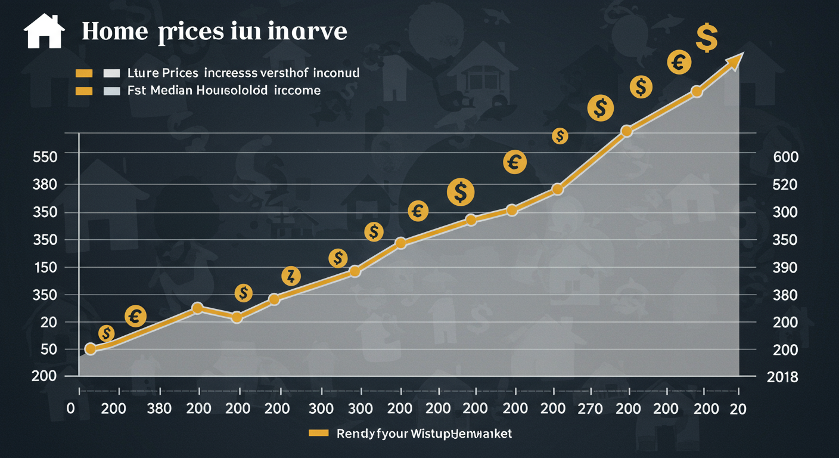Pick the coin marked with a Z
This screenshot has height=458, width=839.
tap(291, 276)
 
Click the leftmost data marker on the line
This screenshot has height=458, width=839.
tap(91, 349)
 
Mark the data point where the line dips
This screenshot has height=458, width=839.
tap(237, 317)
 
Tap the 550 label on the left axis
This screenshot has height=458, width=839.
tap(45, 157)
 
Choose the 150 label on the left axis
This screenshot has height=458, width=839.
tap(45, 267)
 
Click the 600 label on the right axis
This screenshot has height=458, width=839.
tap(785, 157)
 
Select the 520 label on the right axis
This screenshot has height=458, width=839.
tap(785, 185)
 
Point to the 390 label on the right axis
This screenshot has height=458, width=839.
tap(785, 267)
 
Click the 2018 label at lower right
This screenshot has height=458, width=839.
tap(782, 377)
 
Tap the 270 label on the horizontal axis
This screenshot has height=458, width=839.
tap(591, 409)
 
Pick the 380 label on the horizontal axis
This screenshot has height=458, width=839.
tap(159, 409)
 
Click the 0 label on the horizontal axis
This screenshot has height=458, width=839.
tap(71, 409)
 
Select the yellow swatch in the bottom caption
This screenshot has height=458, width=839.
tap(319, 433)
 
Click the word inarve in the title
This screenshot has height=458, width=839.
tap(307, 32)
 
